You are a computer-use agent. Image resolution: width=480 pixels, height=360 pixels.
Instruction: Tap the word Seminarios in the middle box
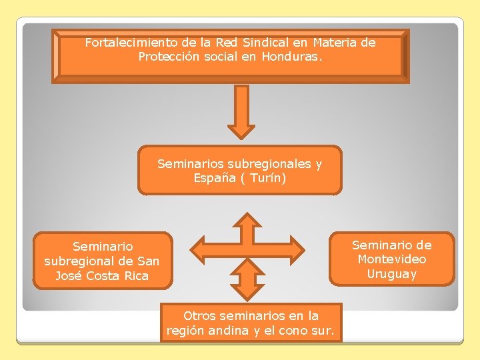(x=191, y=163)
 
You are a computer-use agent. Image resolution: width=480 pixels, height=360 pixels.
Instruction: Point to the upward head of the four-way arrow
(x=247, y=221)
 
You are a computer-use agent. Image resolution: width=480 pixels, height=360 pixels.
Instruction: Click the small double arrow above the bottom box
(x=247, y=279)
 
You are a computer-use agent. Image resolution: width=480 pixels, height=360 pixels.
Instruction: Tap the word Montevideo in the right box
(x=392, y=259)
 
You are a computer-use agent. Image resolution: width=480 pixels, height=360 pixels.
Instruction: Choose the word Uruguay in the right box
(x=392, y=274)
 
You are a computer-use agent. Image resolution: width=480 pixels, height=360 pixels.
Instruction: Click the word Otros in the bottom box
(x=200, y=315)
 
